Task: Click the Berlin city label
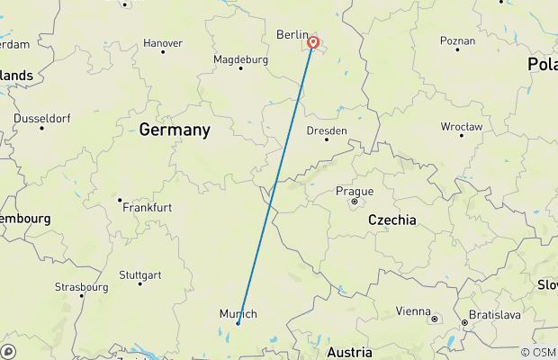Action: tap(292, 34)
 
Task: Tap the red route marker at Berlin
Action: tap(313, 42)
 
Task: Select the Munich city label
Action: tap(238, 313)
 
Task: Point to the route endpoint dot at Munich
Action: tap(238, 323)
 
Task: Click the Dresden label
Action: tap(327, 130)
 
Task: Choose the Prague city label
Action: tap(354, 191)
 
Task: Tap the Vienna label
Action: tap(413, 311)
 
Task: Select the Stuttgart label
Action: tap(140, 274)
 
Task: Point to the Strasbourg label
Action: tap(81, 287)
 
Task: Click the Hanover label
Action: tap(163, 42)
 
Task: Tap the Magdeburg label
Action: tap(240, 59)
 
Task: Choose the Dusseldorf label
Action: tap(41, 119)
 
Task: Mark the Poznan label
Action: tap(457, 40)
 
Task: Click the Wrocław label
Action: tap(462, 127)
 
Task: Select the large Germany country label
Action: tap(175, 130)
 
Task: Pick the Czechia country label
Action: tap(392, 220)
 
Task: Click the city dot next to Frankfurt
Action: tap(120, 200)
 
